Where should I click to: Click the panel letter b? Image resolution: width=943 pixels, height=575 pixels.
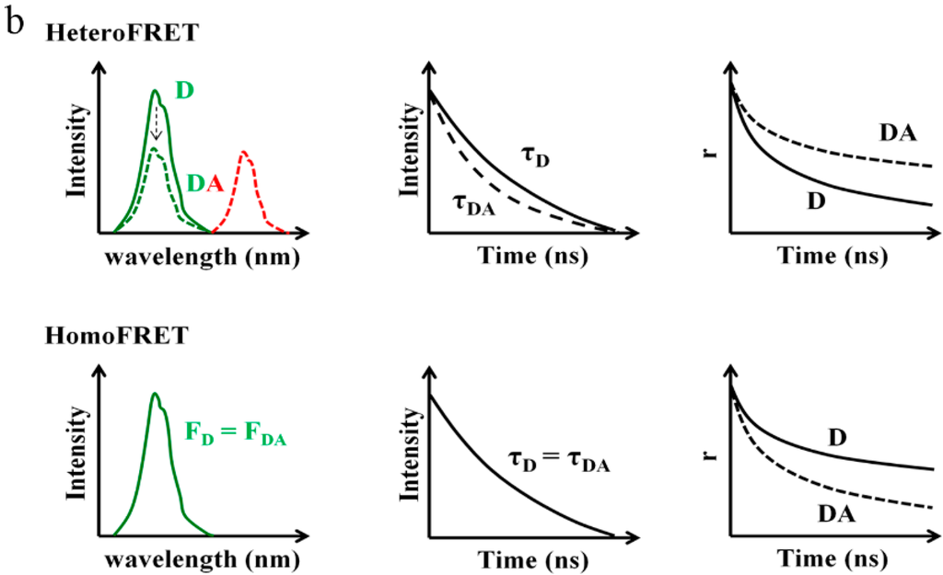[14, 21]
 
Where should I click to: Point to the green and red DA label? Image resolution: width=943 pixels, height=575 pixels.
[205, 184]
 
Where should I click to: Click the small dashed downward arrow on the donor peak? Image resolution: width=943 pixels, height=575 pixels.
[156, 121]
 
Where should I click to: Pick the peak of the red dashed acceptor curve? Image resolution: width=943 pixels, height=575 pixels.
[244, 154]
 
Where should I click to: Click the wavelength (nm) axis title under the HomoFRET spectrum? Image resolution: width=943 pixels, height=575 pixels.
[202, 559]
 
